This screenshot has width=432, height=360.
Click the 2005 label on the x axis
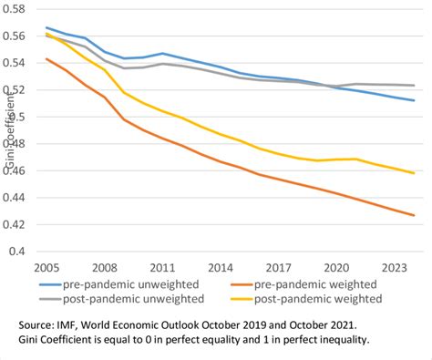click(49, 269)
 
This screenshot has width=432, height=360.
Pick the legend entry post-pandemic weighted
click(317, 298)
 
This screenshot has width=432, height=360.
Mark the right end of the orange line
click(415, 215)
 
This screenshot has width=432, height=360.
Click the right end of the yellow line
click(415, 173)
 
